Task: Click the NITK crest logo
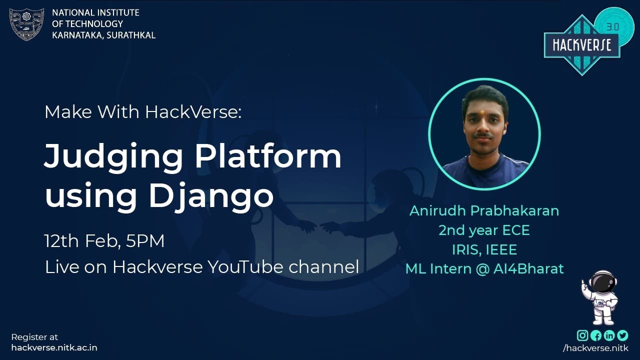[x=27, y=24]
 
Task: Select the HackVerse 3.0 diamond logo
[x=582, y=44]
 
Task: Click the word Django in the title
[x=211, y=196]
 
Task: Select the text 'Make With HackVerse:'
[x=143, y=112]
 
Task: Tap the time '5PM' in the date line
[x=145, y=241]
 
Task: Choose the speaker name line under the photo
[x=484, y=210]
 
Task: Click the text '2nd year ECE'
[x=484, y=230]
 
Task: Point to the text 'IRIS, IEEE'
[x=484, y=249]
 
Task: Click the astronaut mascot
[x=601, y=297]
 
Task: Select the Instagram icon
[x=582, y=335]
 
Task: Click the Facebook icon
[x=596, y=335]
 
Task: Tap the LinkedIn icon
[x=609, y=335]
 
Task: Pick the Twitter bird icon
[x=622, y=335]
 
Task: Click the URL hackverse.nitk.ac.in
[x=54, y=347]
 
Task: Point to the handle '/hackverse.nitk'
[x=595, y=347]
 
